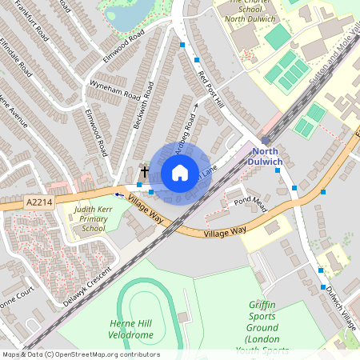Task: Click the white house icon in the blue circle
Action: pos(180,173)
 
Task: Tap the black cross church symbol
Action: pos(145,170)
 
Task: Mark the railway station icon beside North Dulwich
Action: pos(265,140)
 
